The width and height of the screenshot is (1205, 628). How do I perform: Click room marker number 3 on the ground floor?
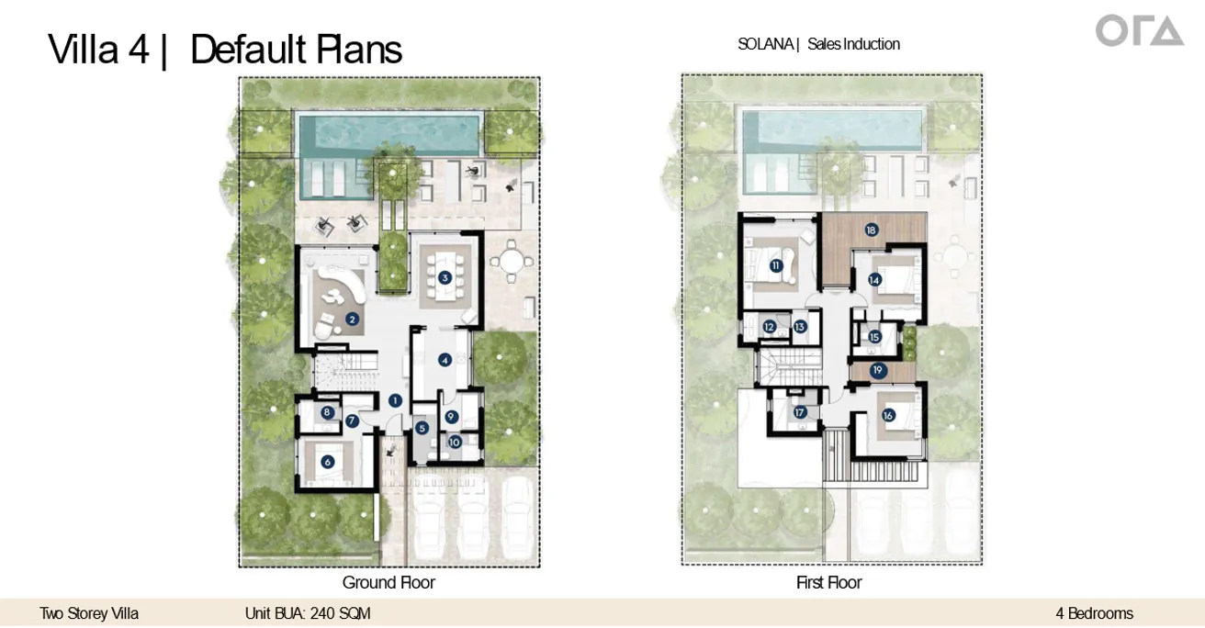click(445, 277)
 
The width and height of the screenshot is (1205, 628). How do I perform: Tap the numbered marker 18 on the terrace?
click(871, 230)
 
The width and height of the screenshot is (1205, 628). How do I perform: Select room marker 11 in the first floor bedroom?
click(776, 265)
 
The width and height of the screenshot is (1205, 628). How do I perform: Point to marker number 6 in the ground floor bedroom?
click(327, 461)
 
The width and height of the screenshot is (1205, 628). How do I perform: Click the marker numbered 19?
click(878, 370)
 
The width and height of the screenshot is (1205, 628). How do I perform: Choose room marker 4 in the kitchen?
click(445, 360)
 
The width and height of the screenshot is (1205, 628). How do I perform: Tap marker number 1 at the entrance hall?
click(395, 400)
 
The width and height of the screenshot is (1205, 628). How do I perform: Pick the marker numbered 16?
click(887, 415)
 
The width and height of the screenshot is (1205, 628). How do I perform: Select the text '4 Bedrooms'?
click(1094, 613)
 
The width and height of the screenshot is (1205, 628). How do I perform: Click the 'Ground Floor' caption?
click(389, 582)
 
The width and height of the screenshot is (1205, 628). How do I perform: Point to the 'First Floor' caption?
click(829, 582)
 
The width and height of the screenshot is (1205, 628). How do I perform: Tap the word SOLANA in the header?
click(765, 44)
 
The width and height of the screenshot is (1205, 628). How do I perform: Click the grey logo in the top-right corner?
click(1140, 30)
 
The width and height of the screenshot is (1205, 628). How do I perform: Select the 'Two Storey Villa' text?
click(89, 613)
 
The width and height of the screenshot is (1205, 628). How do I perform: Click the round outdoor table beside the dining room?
click(511, 262)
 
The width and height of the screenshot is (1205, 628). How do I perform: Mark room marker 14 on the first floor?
click(874, 280)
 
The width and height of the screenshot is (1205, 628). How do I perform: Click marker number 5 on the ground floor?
click(422, 428)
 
